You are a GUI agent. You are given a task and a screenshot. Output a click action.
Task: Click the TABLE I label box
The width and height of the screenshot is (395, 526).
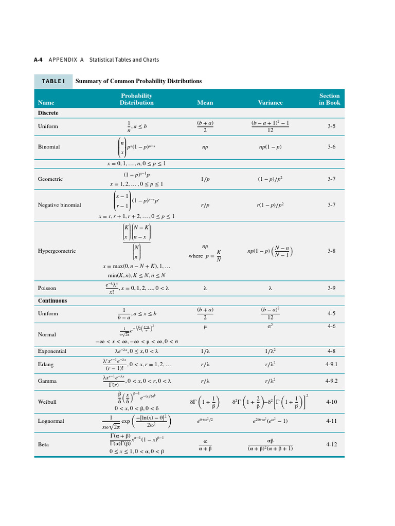tap(53, 81)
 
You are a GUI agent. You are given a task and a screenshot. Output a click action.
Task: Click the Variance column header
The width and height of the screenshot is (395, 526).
tap(270, 103)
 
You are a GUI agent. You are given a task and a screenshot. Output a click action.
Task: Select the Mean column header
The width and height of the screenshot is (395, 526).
tap(205, 103)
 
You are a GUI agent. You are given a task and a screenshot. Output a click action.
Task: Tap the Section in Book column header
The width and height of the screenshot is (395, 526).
tap(329, 99)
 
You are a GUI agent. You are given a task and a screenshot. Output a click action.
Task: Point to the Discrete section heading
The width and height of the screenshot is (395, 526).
tap(48, 113)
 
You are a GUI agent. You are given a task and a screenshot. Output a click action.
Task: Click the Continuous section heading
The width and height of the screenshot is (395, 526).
tap(52, 301)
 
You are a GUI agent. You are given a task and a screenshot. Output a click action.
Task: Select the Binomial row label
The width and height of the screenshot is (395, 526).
tap(49, 147)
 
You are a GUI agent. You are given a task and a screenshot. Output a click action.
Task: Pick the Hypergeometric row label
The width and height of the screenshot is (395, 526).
tap(57, 251)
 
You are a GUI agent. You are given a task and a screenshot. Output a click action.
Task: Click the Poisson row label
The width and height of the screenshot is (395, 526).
tap(47, 289)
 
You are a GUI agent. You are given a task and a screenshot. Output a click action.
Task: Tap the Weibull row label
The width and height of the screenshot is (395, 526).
tap(47, 402)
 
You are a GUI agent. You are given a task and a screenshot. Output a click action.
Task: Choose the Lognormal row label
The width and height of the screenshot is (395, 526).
tap(51, 421)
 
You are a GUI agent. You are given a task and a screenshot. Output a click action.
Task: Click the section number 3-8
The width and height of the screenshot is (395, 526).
tap(331, 251)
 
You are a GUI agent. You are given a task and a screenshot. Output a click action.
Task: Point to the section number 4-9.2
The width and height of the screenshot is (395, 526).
tap(331, 381)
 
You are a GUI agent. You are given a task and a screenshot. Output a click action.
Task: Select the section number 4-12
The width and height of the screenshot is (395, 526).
tap(331, 444)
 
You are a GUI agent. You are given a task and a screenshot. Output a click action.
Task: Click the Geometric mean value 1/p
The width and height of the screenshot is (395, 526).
tap(205, 179)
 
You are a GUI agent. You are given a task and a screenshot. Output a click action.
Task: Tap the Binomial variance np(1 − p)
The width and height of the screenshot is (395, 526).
tap(270, 147)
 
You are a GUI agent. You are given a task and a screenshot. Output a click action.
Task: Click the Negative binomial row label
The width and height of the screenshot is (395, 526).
tap(60, 205)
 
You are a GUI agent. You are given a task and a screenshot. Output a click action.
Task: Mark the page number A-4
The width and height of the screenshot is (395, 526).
tap(38, 60)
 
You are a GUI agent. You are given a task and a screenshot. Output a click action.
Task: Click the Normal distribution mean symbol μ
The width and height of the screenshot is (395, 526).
tap(205, 327)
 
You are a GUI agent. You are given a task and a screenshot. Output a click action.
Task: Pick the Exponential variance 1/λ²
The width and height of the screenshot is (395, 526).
tap(270, 351)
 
